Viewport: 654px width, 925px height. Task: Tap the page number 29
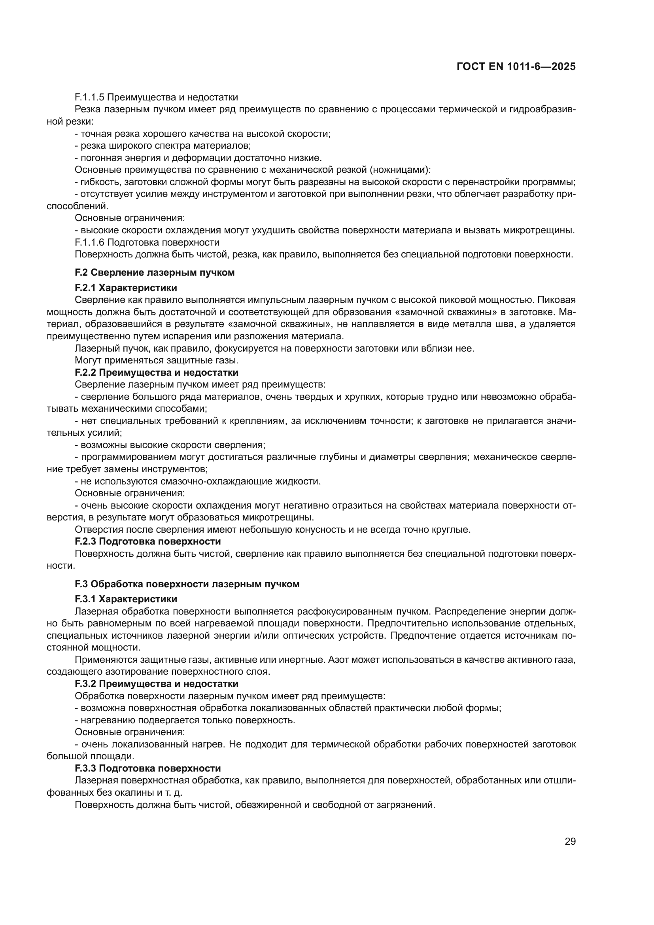click(570, 841)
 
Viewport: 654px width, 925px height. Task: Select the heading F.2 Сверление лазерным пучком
click(155, 272)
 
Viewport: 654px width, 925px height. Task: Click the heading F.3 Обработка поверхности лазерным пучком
click(187, 584)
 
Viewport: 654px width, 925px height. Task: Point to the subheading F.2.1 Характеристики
click(126, 288)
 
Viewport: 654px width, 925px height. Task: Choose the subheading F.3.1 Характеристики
click(126, 599)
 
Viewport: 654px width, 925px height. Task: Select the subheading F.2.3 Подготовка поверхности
click(147, 541)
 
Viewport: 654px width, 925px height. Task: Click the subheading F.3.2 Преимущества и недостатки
click(156, 683)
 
